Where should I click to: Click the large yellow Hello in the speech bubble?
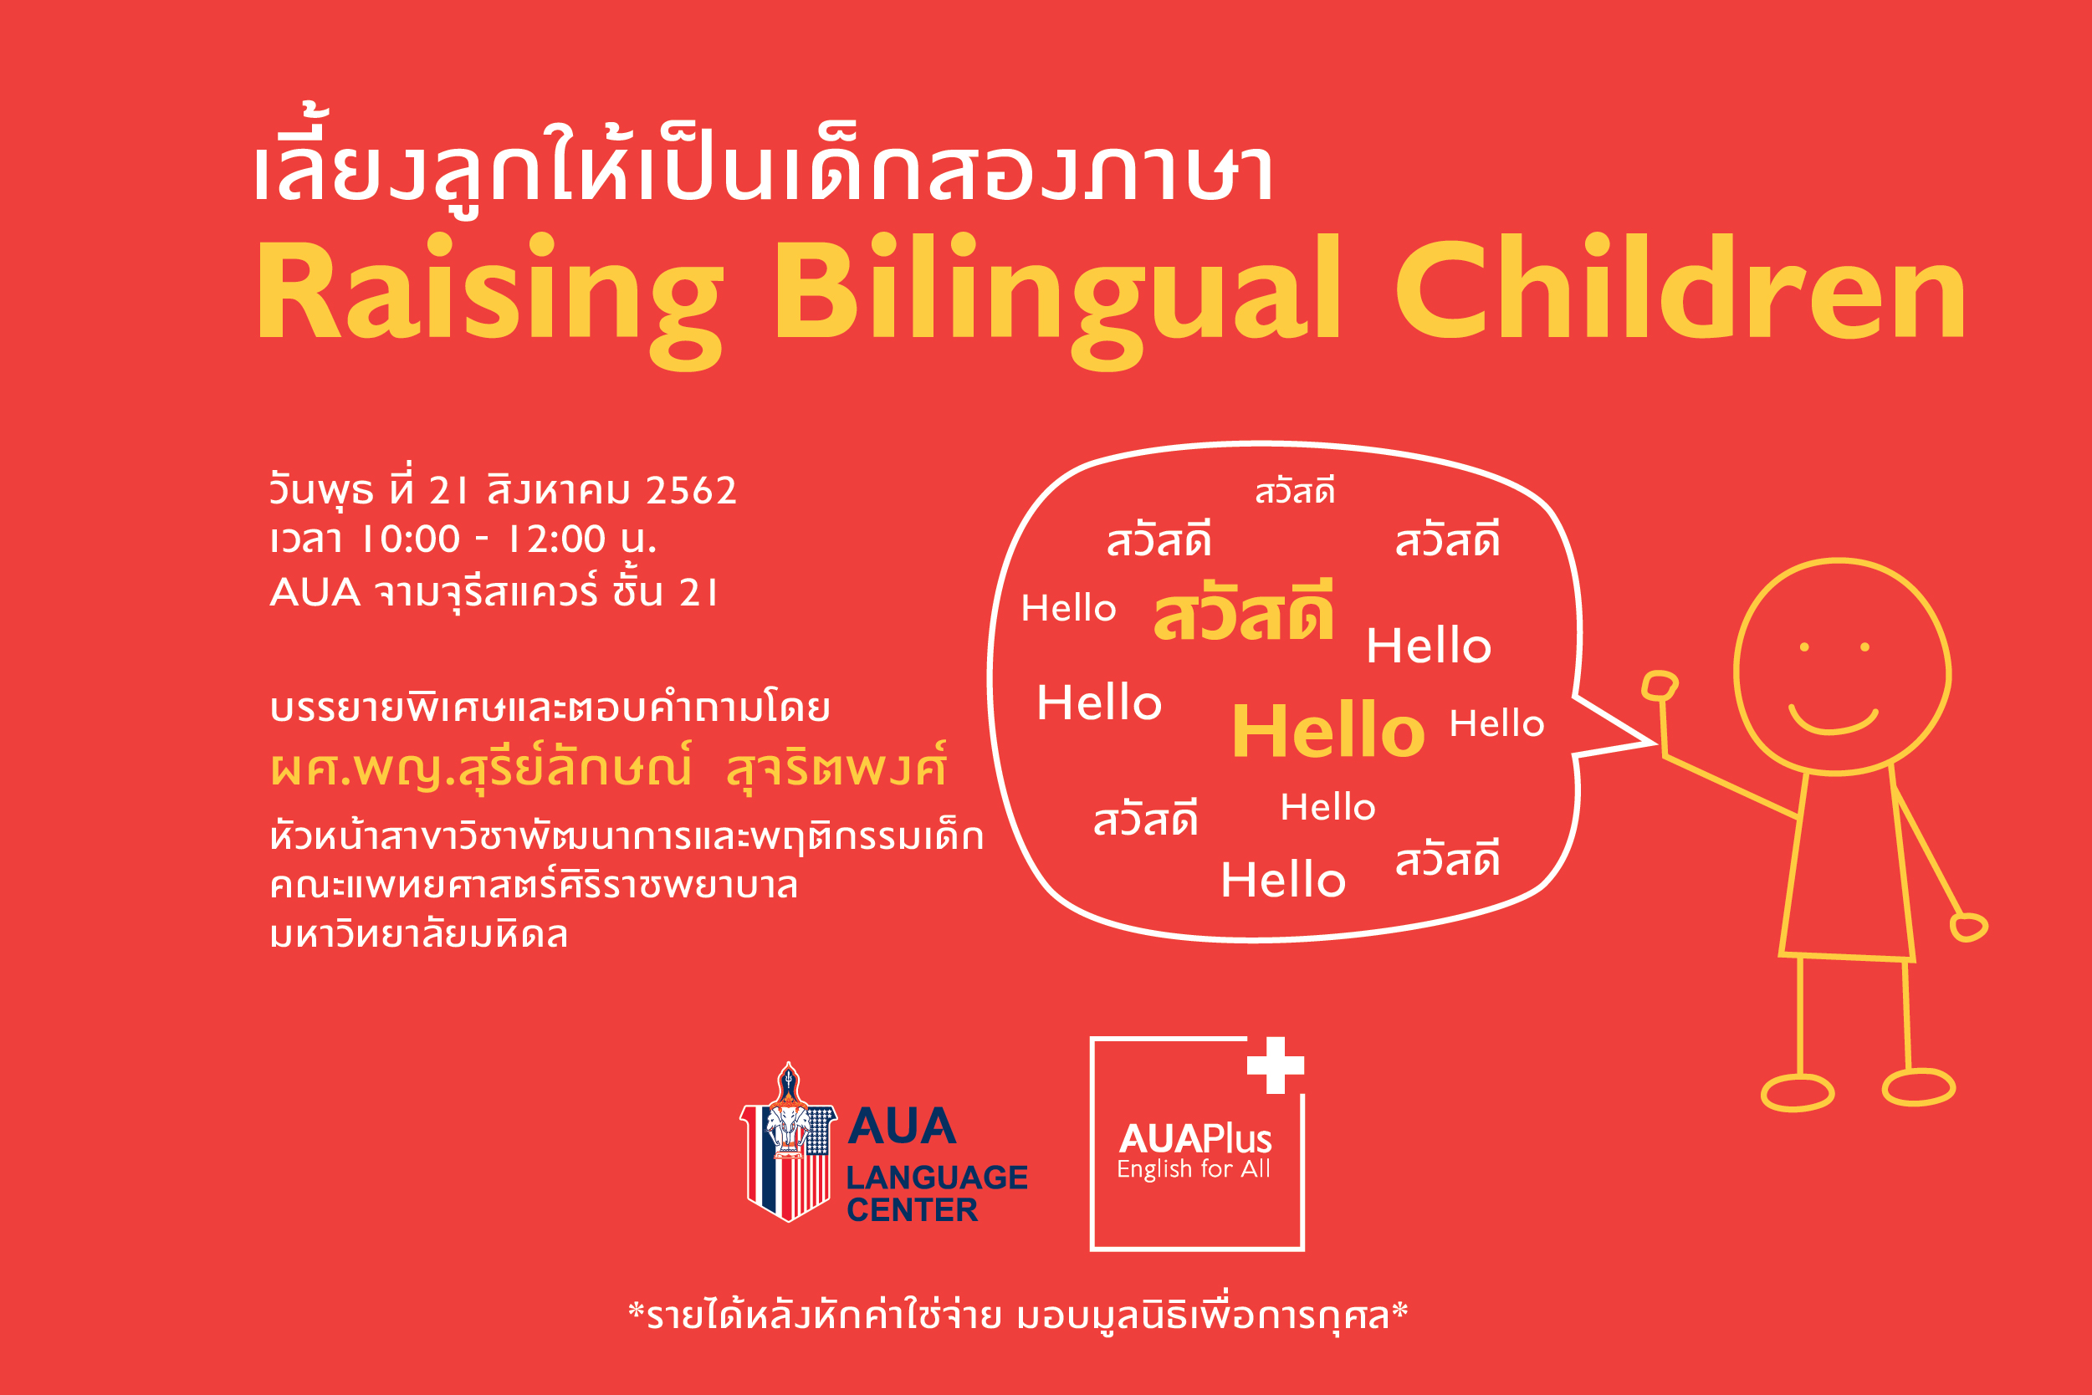1327,730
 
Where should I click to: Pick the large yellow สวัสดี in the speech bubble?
1243,611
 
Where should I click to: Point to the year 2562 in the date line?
692,490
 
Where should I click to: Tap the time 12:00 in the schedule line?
557,539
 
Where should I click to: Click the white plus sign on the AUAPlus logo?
1275,1065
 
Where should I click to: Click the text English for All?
1194,1169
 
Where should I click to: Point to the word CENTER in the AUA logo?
912,1210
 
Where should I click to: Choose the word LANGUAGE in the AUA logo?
936,1177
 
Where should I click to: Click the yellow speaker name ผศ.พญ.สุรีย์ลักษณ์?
480,768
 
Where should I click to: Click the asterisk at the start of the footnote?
637,1311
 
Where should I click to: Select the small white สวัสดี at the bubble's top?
1295,490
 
